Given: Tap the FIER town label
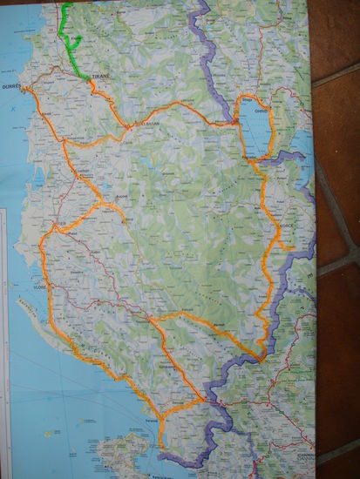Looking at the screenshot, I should (59, 223).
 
